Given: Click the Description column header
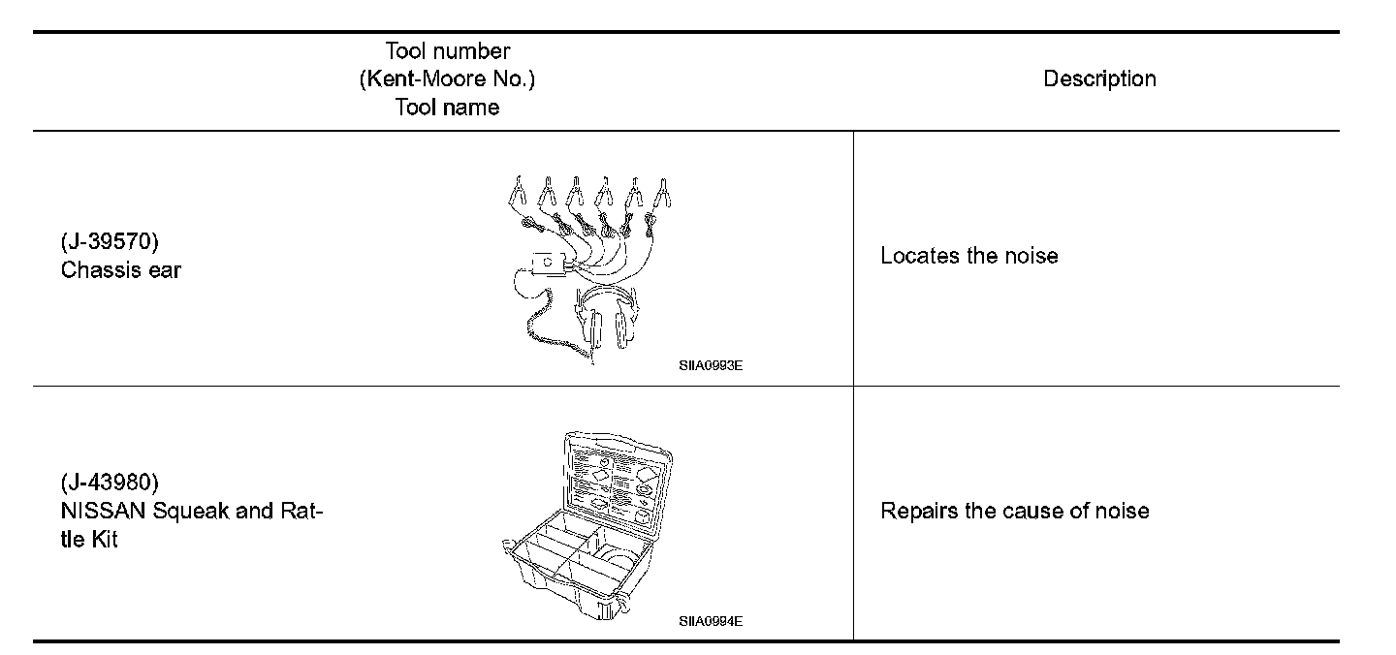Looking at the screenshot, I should pos(1099,79).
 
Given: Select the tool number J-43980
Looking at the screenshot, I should pos(110,482).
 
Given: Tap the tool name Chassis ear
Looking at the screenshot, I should pos(121,270).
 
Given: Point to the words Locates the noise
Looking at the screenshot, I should pos(968,256).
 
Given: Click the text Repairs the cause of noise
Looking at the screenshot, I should pos(1014,511).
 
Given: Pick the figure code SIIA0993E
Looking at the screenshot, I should pos(711,367).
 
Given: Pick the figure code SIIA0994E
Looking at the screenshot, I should pos(711,622).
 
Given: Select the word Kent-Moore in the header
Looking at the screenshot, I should pos(416,79).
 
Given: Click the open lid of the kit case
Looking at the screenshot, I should pos(613,482).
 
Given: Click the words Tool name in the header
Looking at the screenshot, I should pos(447,108).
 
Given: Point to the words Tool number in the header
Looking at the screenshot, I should pos(447,50).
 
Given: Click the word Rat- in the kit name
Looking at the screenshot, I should pos(300,511).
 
